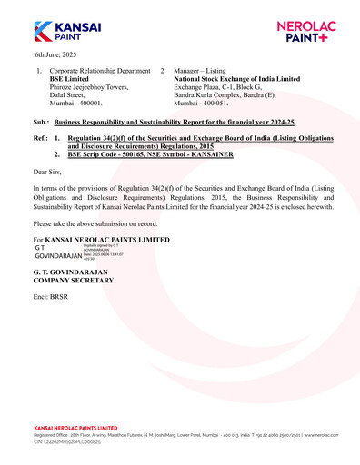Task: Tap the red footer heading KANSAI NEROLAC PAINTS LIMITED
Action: [x=75, y=427]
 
